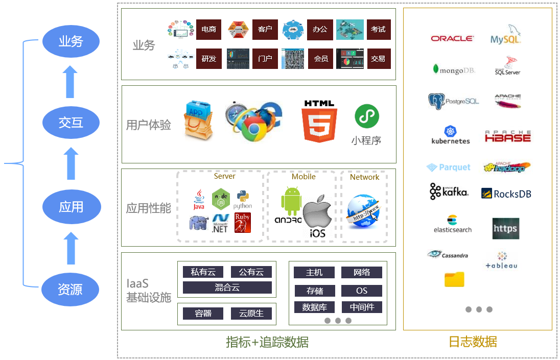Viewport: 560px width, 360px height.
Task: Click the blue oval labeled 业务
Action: tap(71, 41)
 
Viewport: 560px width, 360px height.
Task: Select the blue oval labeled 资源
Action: tap(71, 290)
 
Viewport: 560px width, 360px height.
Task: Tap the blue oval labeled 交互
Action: tap(71, 123)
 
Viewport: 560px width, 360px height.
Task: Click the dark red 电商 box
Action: tap(208, 30)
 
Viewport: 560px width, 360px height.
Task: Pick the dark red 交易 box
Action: tap(378, 59)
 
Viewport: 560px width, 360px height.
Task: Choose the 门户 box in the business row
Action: tap(265, 59)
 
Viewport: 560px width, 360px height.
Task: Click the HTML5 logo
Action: tap(319, 122)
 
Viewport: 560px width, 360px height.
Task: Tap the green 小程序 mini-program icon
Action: tap(367, 117)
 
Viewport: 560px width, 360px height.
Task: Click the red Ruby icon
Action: tap(242, 223)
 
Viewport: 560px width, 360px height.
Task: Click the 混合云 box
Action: tap(227, 287)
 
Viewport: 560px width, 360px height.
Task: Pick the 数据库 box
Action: tap(314, 307)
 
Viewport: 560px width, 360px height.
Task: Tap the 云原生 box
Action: tap(251, 313)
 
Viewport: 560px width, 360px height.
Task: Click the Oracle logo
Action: tap(452, 38)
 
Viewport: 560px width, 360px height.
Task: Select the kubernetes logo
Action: tap(450, 135)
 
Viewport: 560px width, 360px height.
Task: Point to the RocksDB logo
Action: tap(506, 194)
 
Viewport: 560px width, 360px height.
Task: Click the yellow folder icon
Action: tap(454, 279)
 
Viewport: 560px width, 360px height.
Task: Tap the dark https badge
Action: tap(505, 229)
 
